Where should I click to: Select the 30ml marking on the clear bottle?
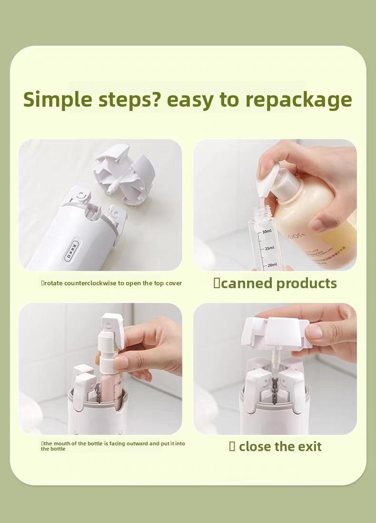coord(267,231)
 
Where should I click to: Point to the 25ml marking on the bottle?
coord(269,248)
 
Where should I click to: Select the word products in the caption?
coord(307,283)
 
